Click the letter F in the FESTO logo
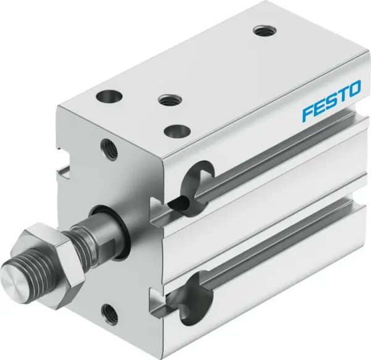coord(308,113)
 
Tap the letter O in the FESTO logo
coord(353,92)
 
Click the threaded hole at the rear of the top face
coord(261,29)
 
